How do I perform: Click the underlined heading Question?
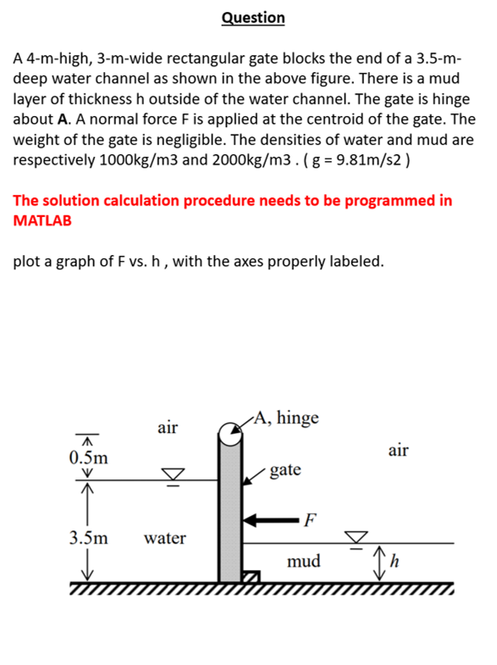(253, 18)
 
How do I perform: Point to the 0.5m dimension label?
(88, 457)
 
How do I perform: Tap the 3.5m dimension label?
(88, 537)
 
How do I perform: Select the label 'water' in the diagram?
(165, 537)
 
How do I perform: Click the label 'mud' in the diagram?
(304, 560)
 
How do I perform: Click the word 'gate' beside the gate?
(285, 468)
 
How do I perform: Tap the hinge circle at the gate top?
(229, 434)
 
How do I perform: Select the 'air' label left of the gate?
(168, 428)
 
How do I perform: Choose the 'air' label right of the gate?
(399, 450)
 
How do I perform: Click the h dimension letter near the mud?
(393, 562)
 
